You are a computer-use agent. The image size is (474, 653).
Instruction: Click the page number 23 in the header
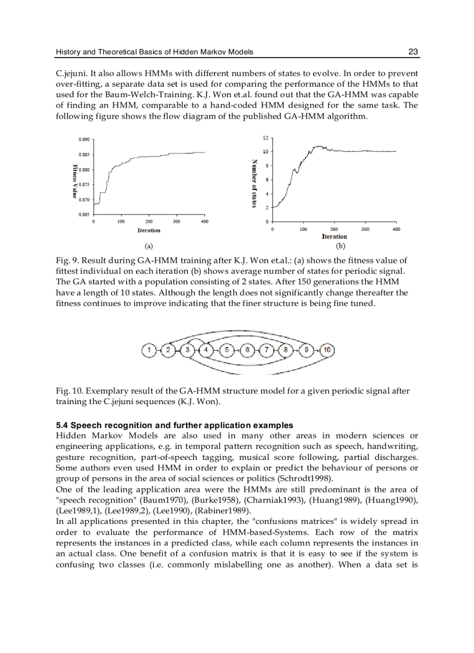click(x=413, y=52)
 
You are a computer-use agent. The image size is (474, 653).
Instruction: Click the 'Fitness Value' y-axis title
click(x=74, y=181)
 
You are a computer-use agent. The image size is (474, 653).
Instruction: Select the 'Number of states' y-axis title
click(x=254, y=184)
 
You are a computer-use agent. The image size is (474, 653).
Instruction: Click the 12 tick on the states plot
click(x=265, y=138)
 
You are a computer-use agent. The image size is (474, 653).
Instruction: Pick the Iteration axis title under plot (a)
click(x=149, y=230)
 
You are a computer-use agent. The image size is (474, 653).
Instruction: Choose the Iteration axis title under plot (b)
click(x=334, y=237)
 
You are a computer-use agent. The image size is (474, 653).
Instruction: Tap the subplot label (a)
click(x=149, y=246)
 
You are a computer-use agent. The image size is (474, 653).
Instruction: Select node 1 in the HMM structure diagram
click(x=149, y=350)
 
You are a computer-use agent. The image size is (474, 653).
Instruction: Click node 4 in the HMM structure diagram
click(x=207, y=350)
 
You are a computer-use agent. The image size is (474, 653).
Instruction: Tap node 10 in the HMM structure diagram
click(x=328, y=350)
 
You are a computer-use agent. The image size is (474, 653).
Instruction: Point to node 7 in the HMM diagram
click(x=267, y=350)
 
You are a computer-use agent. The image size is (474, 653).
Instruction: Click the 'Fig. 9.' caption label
click(x=66, y=261)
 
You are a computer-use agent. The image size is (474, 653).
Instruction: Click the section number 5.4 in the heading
click(x=62, y=426)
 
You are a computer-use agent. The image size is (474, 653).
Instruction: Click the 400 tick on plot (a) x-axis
click(x=204, y=222)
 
